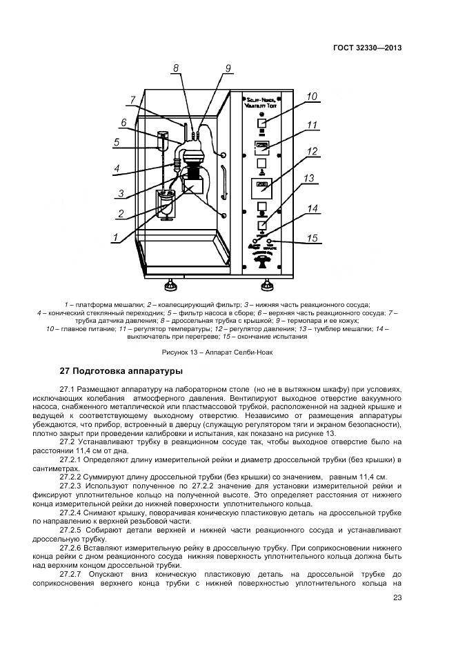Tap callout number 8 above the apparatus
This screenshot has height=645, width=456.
point(176,68)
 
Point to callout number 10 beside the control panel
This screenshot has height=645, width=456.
point(312,97)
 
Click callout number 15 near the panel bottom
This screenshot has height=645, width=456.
point(312,239)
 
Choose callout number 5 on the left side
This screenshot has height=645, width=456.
point(117,143)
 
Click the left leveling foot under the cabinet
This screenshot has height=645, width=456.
point(170,284)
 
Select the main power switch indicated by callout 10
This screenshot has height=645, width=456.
point(262,124)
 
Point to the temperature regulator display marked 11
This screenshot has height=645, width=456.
point(262,146)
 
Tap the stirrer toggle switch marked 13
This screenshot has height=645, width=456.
point(262,225)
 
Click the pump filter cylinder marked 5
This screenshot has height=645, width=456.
point(163,141)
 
